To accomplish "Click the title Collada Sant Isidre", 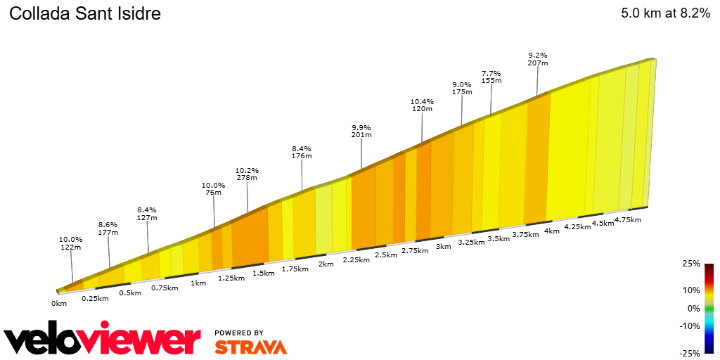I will point(84,14).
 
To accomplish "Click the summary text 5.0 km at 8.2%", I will point(665,14).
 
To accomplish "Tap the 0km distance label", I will point(59,303).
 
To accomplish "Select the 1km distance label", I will point(198,283).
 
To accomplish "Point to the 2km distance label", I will point(326,264).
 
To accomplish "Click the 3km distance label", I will point(443,246).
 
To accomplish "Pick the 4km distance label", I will point(552,231).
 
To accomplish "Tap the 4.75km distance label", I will point(627,219).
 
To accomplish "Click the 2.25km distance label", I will point(356,259).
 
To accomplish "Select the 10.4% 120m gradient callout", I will point(422,105).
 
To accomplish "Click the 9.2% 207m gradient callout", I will point(538,59).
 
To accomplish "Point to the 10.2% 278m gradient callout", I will point(247,174).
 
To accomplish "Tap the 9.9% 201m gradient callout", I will point(361,131).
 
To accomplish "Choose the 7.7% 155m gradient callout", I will point(491,77).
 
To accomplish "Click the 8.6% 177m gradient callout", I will point(108,229).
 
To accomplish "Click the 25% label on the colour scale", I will point(691,264).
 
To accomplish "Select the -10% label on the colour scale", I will point(690,326).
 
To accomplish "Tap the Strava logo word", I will point(250,347).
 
